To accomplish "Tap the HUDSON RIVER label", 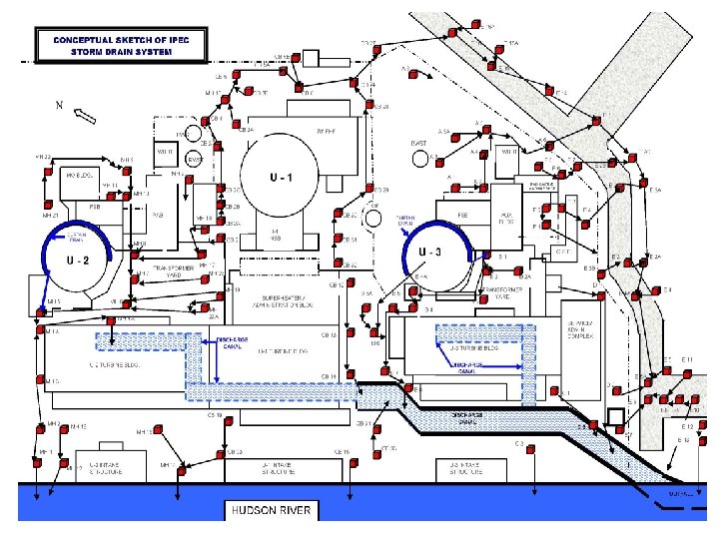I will [271, 511].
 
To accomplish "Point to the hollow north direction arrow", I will [86, 116].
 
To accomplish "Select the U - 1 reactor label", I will [281, 178].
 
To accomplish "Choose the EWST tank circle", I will [194, 159].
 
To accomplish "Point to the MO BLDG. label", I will [80, 176].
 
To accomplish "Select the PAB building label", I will [157, 213].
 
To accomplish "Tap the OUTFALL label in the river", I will [682, 490].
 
